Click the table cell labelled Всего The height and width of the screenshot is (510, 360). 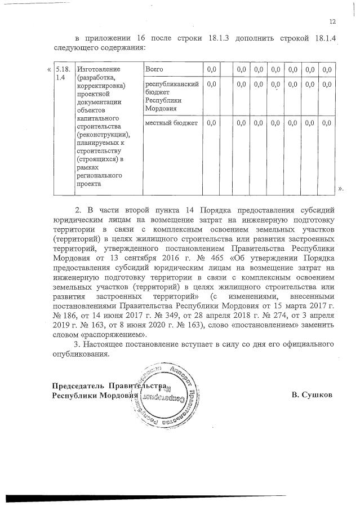(154, 69)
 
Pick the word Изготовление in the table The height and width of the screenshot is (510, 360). (96, 69)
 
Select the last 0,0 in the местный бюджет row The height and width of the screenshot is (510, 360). (327, 123)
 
